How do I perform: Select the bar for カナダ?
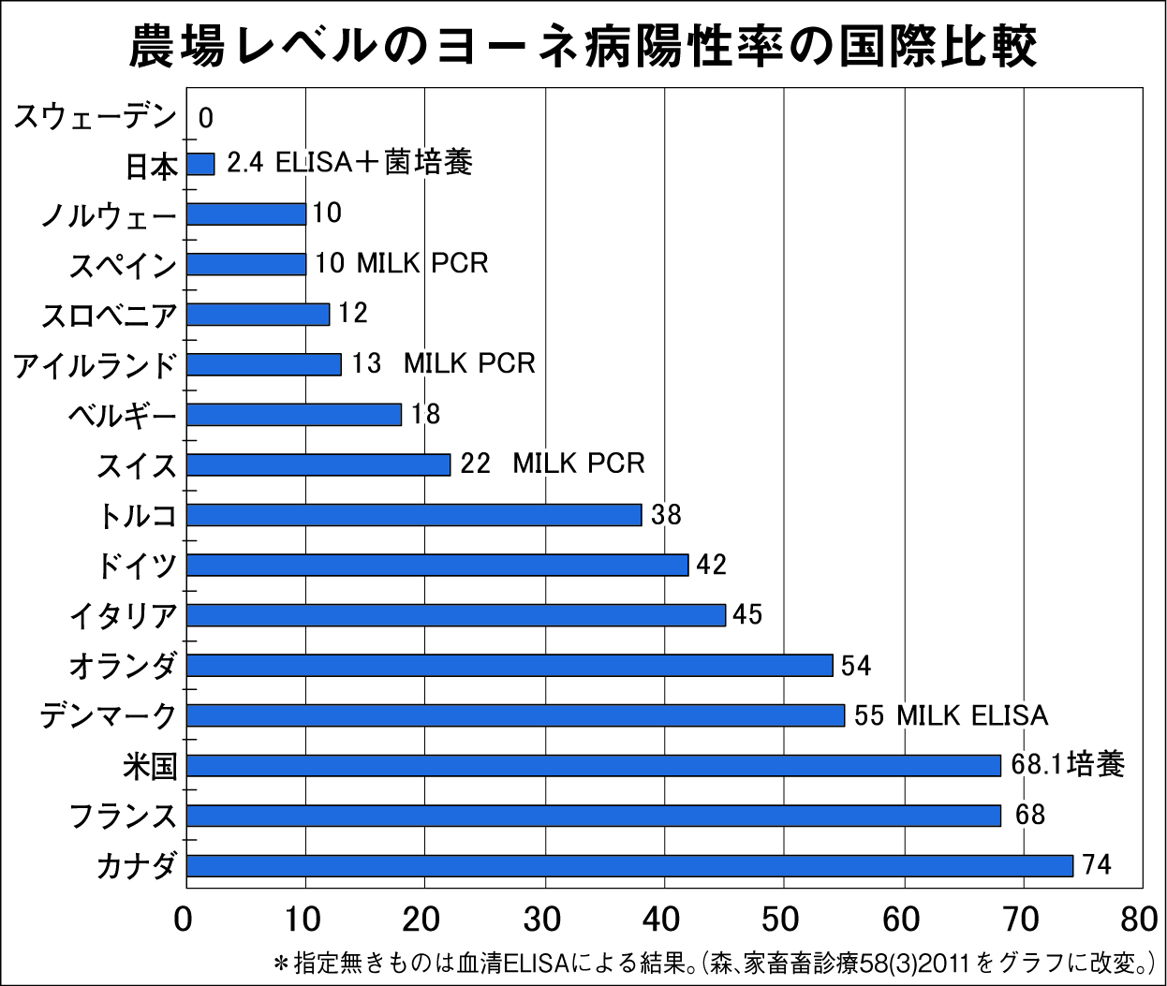click(x=629, y=865)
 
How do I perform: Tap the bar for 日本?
click(x=200, y=164)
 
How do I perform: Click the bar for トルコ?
click(x=414, y=514)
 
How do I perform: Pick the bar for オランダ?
click(x=510, y=665)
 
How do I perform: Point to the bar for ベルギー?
click(x=294, y=414)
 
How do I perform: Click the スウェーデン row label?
click(x=95, y=117)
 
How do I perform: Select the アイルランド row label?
click(x=95, y=364)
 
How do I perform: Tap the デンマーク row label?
click(x=108, y=716)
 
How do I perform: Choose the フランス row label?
click(x=123, y=816)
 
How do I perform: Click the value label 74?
click(x=1097, y=864)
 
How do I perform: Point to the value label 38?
click(x=666, y=514)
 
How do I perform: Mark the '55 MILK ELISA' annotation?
click(x=950, y=715)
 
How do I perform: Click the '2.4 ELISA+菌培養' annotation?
click(x=349, y=163)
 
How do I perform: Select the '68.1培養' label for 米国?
click(x=1067, y=765)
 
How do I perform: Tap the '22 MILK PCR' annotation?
click(x=553, y=464)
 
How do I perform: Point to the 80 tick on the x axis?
click(x=1139, y=920)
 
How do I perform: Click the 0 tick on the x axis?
click(x=184, y=920)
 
